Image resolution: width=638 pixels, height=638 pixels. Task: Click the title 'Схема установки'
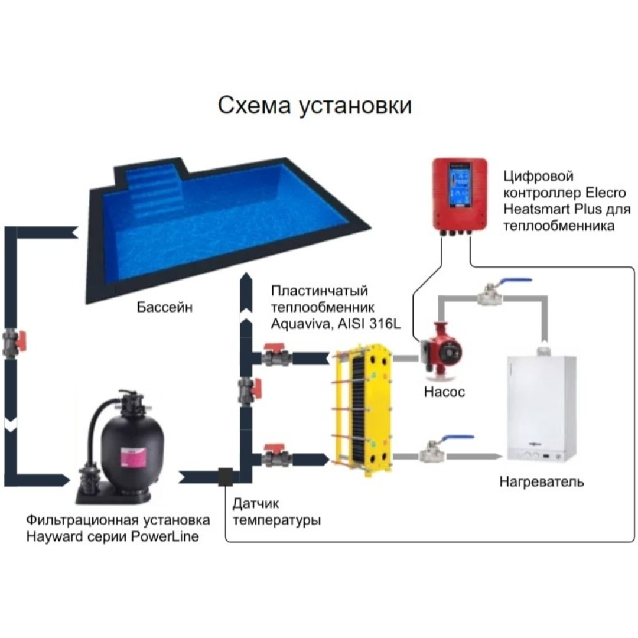[314, 106]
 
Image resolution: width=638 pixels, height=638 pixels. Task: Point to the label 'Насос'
[444, 392]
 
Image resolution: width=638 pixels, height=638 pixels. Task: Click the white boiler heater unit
[541, 407]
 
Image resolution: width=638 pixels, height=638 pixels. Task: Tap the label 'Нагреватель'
[541, 482]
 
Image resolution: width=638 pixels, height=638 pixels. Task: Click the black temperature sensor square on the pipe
[226, 476]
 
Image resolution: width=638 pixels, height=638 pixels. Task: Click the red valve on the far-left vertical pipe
[14, 340]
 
